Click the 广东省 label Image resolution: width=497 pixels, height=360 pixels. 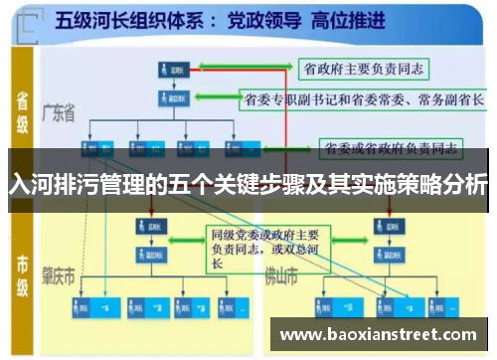(60, 114)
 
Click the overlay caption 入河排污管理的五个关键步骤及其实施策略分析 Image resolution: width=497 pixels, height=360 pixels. (248, 185)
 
